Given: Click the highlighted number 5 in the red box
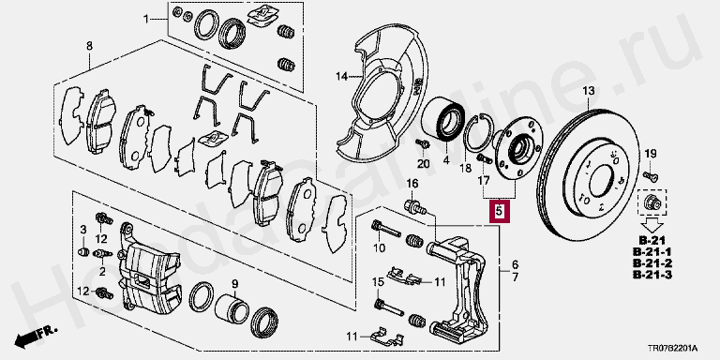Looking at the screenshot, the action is [500, 212].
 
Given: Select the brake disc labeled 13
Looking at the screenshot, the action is [589, 174].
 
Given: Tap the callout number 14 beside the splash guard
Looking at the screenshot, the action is [342, 76].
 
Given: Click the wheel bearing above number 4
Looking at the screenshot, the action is [443, 118].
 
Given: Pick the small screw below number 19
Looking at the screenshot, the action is [651, 175].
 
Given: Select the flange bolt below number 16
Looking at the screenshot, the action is [414, 206].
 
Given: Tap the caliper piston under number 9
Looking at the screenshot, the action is [232, 308].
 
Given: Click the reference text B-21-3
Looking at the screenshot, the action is [652, 275].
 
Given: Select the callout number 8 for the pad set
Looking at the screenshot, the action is [89, 46].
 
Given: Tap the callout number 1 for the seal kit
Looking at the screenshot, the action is [146, 19].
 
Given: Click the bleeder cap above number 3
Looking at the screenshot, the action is [83, 251].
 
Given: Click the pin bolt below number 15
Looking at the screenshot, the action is [389, 307].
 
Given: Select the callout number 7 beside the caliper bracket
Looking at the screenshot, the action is [516, 277].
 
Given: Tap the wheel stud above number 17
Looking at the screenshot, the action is [484, 158].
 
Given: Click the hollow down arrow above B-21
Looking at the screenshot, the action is [652, 224].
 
